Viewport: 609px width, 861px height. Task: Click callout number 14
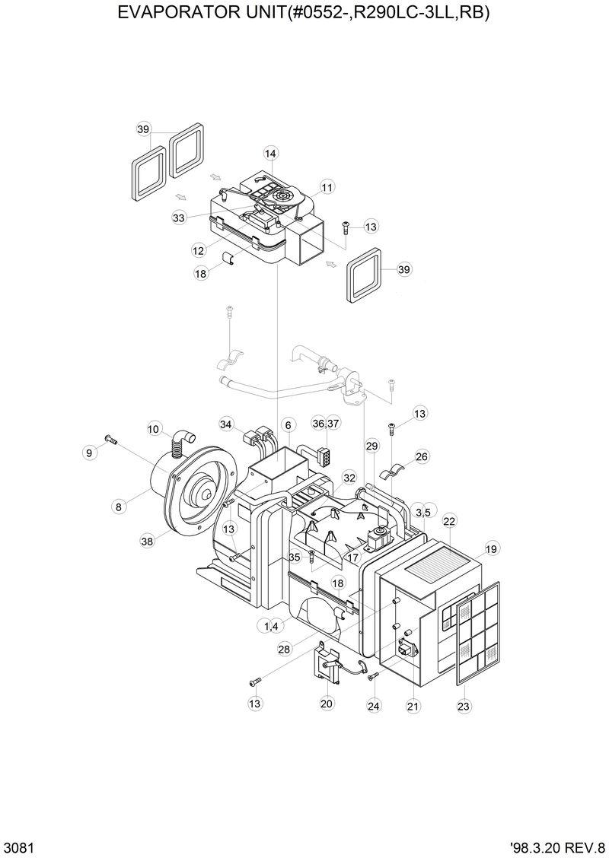(x=270, y=154)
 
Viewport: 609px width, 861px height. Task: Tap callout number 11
(x=327, y=187)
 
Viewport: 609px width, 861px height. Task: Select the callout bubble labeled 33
(x=179, y=218)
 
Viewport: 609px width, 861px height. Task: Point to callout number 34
(x=225, y=424)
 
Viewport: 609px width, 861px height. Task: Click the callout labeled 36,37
(x=326, y=423)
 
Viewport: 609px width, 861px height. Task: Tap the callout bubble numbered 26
(x=422, y=457)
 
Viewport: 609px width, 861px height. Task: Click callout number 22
(x=449, y=521)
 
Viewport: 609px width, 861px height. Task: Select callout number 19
(x=491, y=548)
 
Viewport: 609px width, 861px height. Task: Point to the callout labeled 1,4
(x=270, y=626)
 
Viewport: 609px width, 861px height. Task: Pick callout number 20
(x=327, y=704)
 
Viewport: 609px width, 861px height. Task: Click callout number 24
(x=373, y=705)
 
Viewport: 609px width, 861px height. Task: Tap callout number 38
(x=147, y=542)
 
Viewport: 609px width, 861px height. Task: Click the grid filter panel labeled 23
(x=480, y=631)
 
